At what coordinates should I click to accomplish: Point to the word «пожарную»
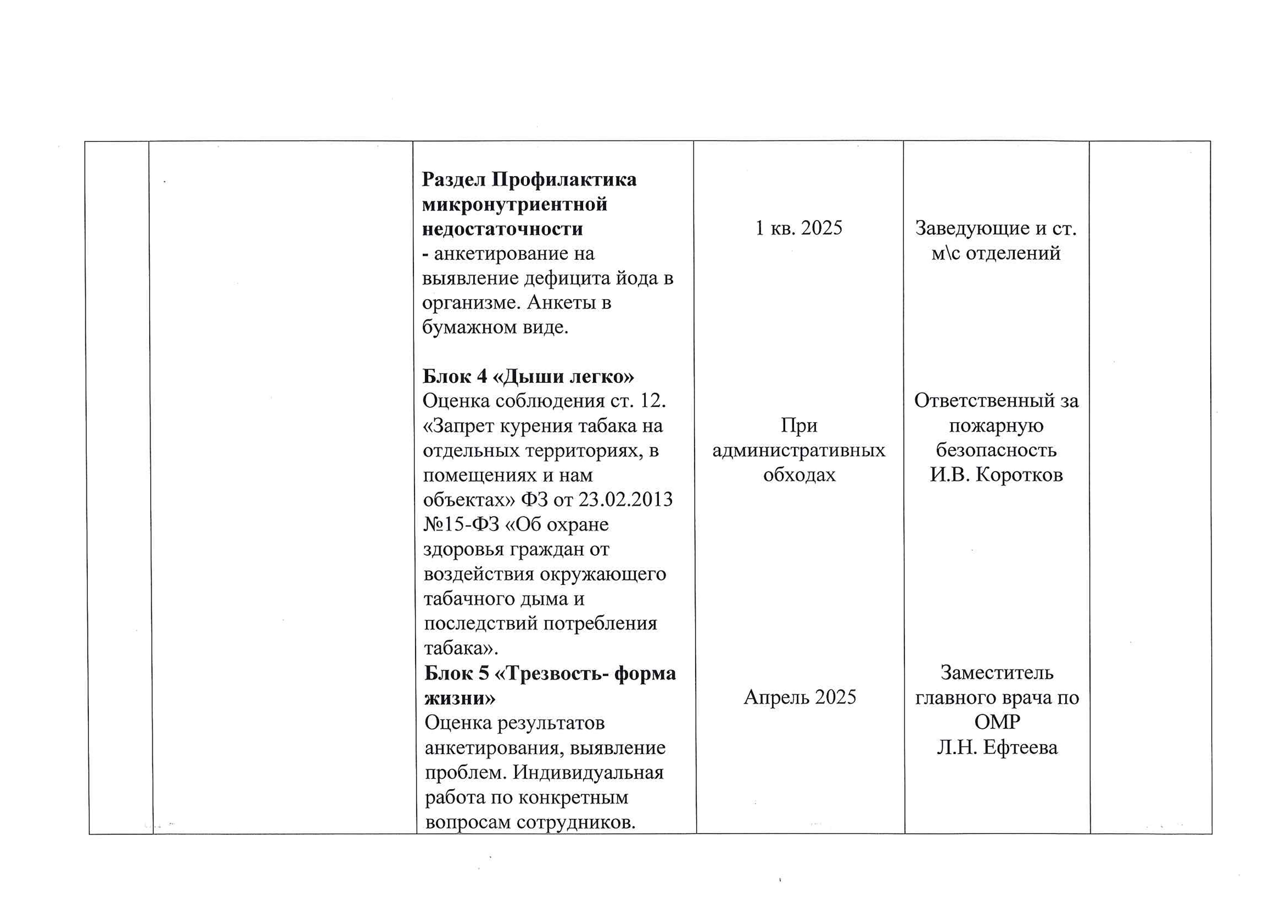(x=996, y=426)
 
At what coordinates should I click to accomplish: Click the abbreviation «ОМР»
(x=997, y=722)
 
